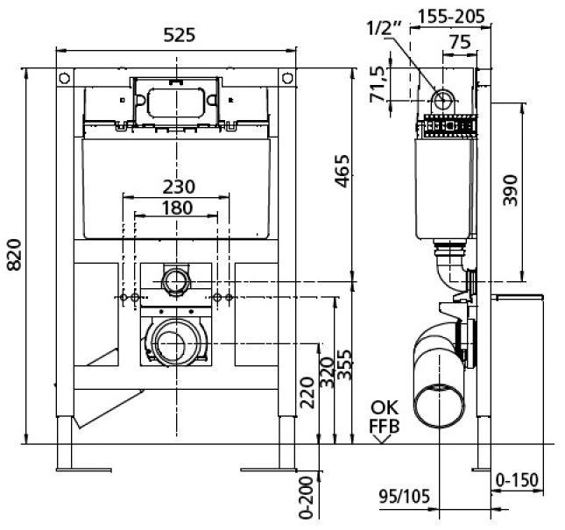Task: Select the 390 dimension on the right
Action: click(x=512, y=190)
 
